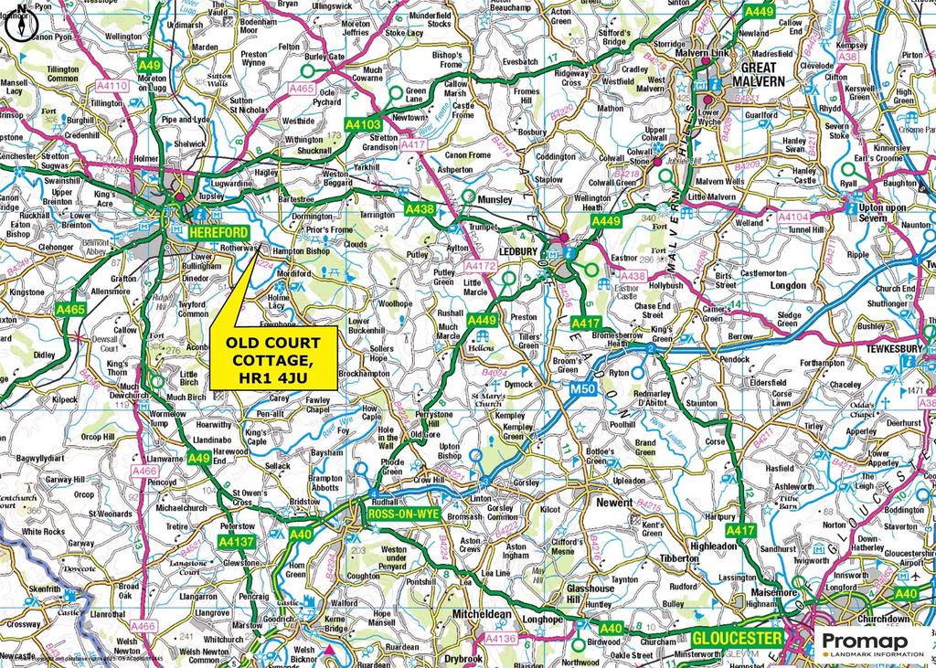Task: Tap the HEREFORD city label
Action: [221, 234]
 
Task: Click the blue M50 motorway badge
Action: [570, 391]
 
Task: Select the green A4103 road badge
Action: [363, 123]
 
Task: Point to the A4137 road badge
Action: [236, 542]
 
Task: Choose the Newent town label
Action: [614, 502]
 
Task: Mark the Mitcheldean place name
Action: [484, 615]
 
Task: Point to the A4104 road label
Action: [795, 217]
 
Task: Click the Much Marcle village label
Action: [448, 332]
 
